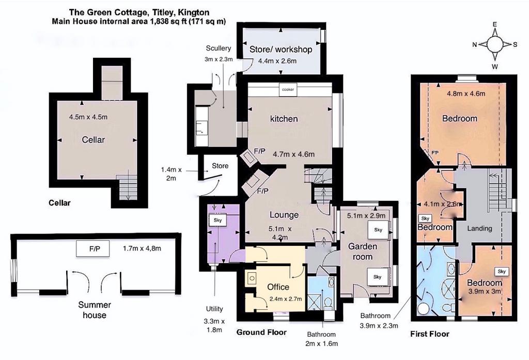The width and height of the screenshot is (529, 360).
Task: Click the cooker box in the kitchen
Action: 288,90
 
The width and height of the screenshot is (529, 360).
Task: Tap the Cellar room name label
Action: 93,139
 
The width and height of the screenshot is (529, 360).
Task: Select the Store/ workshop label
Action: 281,50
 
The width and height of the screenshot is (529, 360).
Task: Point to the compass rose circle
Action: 494,44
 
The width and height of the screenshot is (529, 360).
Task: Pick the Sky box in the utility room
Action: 217,221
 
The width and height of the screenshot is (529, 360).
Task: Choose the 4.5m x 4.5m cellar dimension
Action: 88,117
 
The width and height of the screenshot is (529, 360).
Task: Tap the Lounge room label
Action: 284,215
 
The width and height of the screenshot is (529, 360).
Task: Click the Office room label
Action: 278,287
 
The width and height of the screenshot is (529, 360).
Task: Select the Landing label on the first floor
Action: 479,228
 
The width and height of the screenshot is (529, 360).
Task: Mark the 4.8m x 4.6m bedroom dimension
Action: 466,94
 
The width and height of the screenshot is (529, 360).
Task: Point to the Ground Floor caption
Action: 261,332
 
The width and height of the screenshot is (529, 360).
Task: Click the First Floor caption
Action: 430,334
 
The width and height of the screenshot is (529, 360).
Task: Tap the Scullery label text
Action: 219,48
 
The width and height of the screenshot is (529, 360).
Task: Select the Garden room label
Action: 363,252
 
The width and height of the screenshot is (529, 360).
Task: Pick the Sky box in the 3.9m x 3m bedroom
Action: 502,272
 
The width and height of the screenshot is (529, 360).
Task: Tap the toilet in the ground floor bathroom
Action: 328,303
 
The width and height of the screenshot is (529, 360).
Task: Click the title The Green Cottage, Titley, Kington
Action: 139,12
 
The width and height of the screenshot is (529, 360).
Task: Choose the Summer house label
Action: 95,310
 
